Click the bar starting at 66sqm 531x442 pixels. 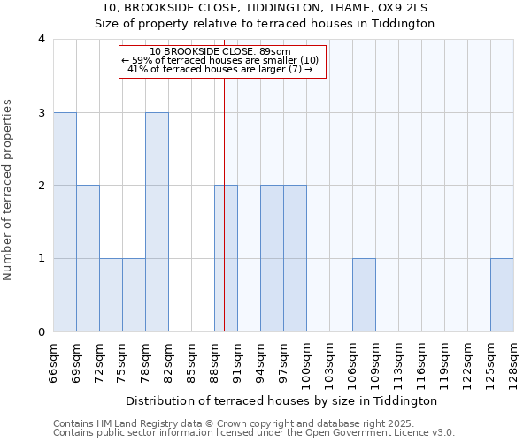(65, 222)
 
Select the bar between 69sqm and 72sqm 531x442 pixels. (88, 258)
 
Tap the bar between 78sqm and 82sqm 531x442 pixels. (157, 222)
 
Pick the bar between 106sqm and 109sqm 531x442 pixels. (364, 295)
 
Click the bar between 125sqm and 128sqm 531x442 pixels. (502, 295)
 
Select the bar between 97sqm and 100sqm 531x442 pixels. (295, 258)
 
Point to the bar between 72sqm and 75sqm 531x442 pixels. (111, 295)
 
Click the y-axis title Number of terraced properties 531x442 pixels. (8, 190)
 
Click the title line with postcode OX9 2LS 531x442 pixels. (265, 8)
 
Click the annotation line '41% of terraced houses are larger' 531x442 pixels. (220, 69)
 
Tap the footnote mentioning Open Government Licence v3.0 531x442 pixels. (254, 433)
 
